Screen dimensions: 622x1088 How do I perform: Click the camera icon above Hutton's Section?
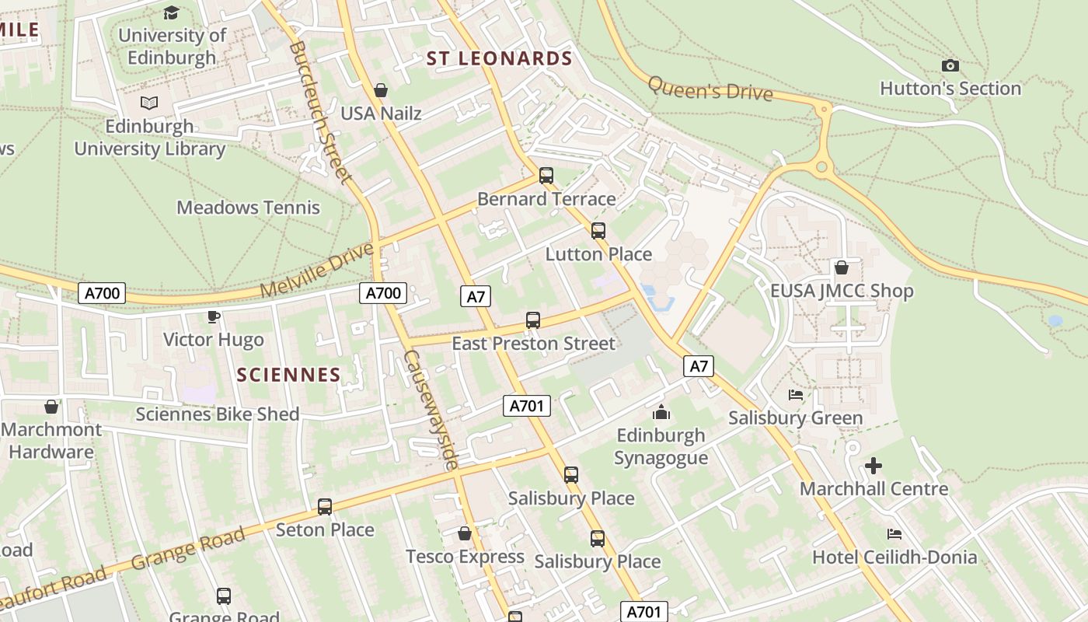click(x=950, y=66)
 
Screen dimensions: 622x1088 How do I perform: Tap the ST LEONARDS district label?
click(x=500, y=58)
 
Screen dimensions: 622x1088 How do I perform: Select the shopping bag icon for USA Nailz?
click(x=381, y=91)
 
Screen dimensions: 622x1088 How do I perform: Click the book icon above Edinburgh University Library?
click(x=149, y=103)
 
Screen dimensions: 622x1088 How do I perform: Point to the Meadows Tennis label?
click(x=248, y=208)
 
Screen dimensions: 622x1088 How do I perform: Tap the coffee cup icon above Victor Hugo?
click(x=214, y=316)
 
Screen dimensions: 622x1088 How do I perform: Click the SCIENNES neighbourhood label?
click(x=288, y=375)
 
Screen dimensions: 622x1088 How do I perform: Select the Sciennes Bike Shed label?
click(x=218, y=414)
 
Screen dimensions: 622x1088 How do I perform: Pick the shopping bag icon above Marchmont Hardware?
click(x=51, y=407)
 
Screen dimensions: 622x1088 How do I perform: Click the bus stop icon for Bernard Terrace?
click(x=546, y=176)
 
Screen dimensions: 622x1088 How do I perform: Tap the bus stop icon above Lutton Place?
click(x=598, y=231)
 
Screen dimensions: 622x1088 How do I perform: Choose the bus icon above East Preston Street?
click(x=533, y=320)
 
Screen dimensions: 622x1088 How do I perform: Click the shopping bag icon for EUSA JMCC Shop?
click(x=841, y=268)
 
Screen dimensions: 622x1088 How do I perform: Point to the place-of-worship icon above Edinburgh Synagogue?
click(x=661, y=411)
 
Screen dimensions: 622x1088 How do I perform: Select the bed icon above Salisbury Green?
click(x=795, y=395)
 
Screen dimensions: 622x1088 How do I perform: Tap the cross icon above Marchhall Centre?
click(x=874, y=466)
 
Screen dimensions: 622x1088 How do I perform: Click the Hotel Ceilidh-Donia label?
click(x=894, y=557)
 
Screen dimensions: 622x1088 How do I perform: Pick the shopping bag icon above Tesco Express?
click(x=465, y=533)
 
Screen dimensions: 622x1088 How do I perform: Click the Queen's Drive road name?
click(x=710, y=89)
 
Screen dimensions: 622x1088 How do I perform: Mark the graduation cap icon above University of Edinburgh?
click(x=171, y=12)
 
